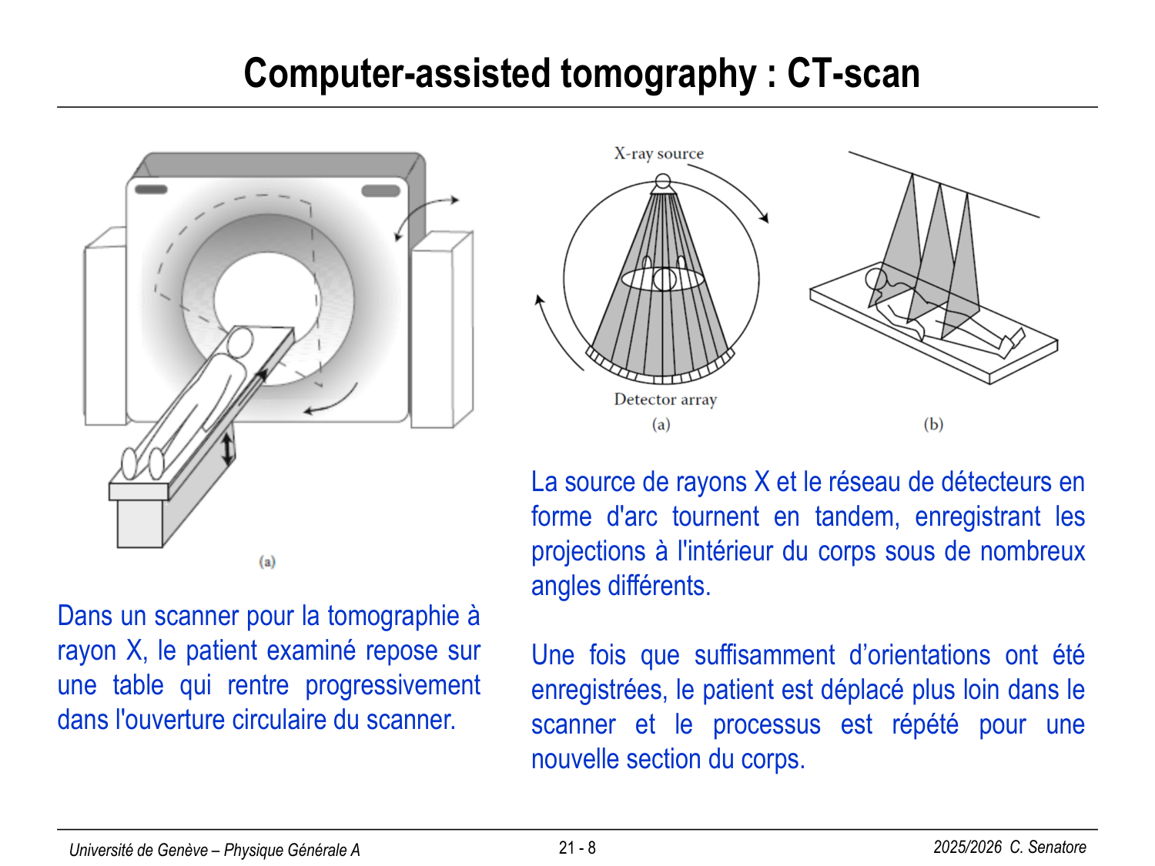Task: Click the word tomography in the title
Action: pyautogui.click(x=658, y=75)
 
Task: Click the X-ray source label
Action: pyautogui.click(x=658, y=153)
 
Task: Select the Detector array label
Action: pyautogui.click(x=665, y=400)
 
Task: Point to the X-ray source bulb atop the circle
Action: pyautogui.click(x=662, y=183)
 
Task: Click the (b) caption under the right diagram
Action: pyautogui.click(x=933, y=424)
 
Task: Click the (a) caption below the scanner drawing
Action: pyautogui.click(x=267, y=561)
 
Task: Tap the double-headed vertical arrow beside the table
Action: pyautogui.click(x=228, y=449)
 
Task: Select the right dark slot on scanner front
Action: pyautogui.click(x=380, y=190)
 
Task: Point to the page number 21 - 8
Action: pyautogui.click(x=577, y=848)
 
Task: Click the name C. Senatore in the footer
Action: pyautogui.click(x=1048, y=848)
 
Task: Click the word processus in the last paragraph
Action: pyautogui.click(x=766, y=724)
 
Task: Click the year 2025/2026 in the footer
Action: pyautogui.click(x=967, y=848)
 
